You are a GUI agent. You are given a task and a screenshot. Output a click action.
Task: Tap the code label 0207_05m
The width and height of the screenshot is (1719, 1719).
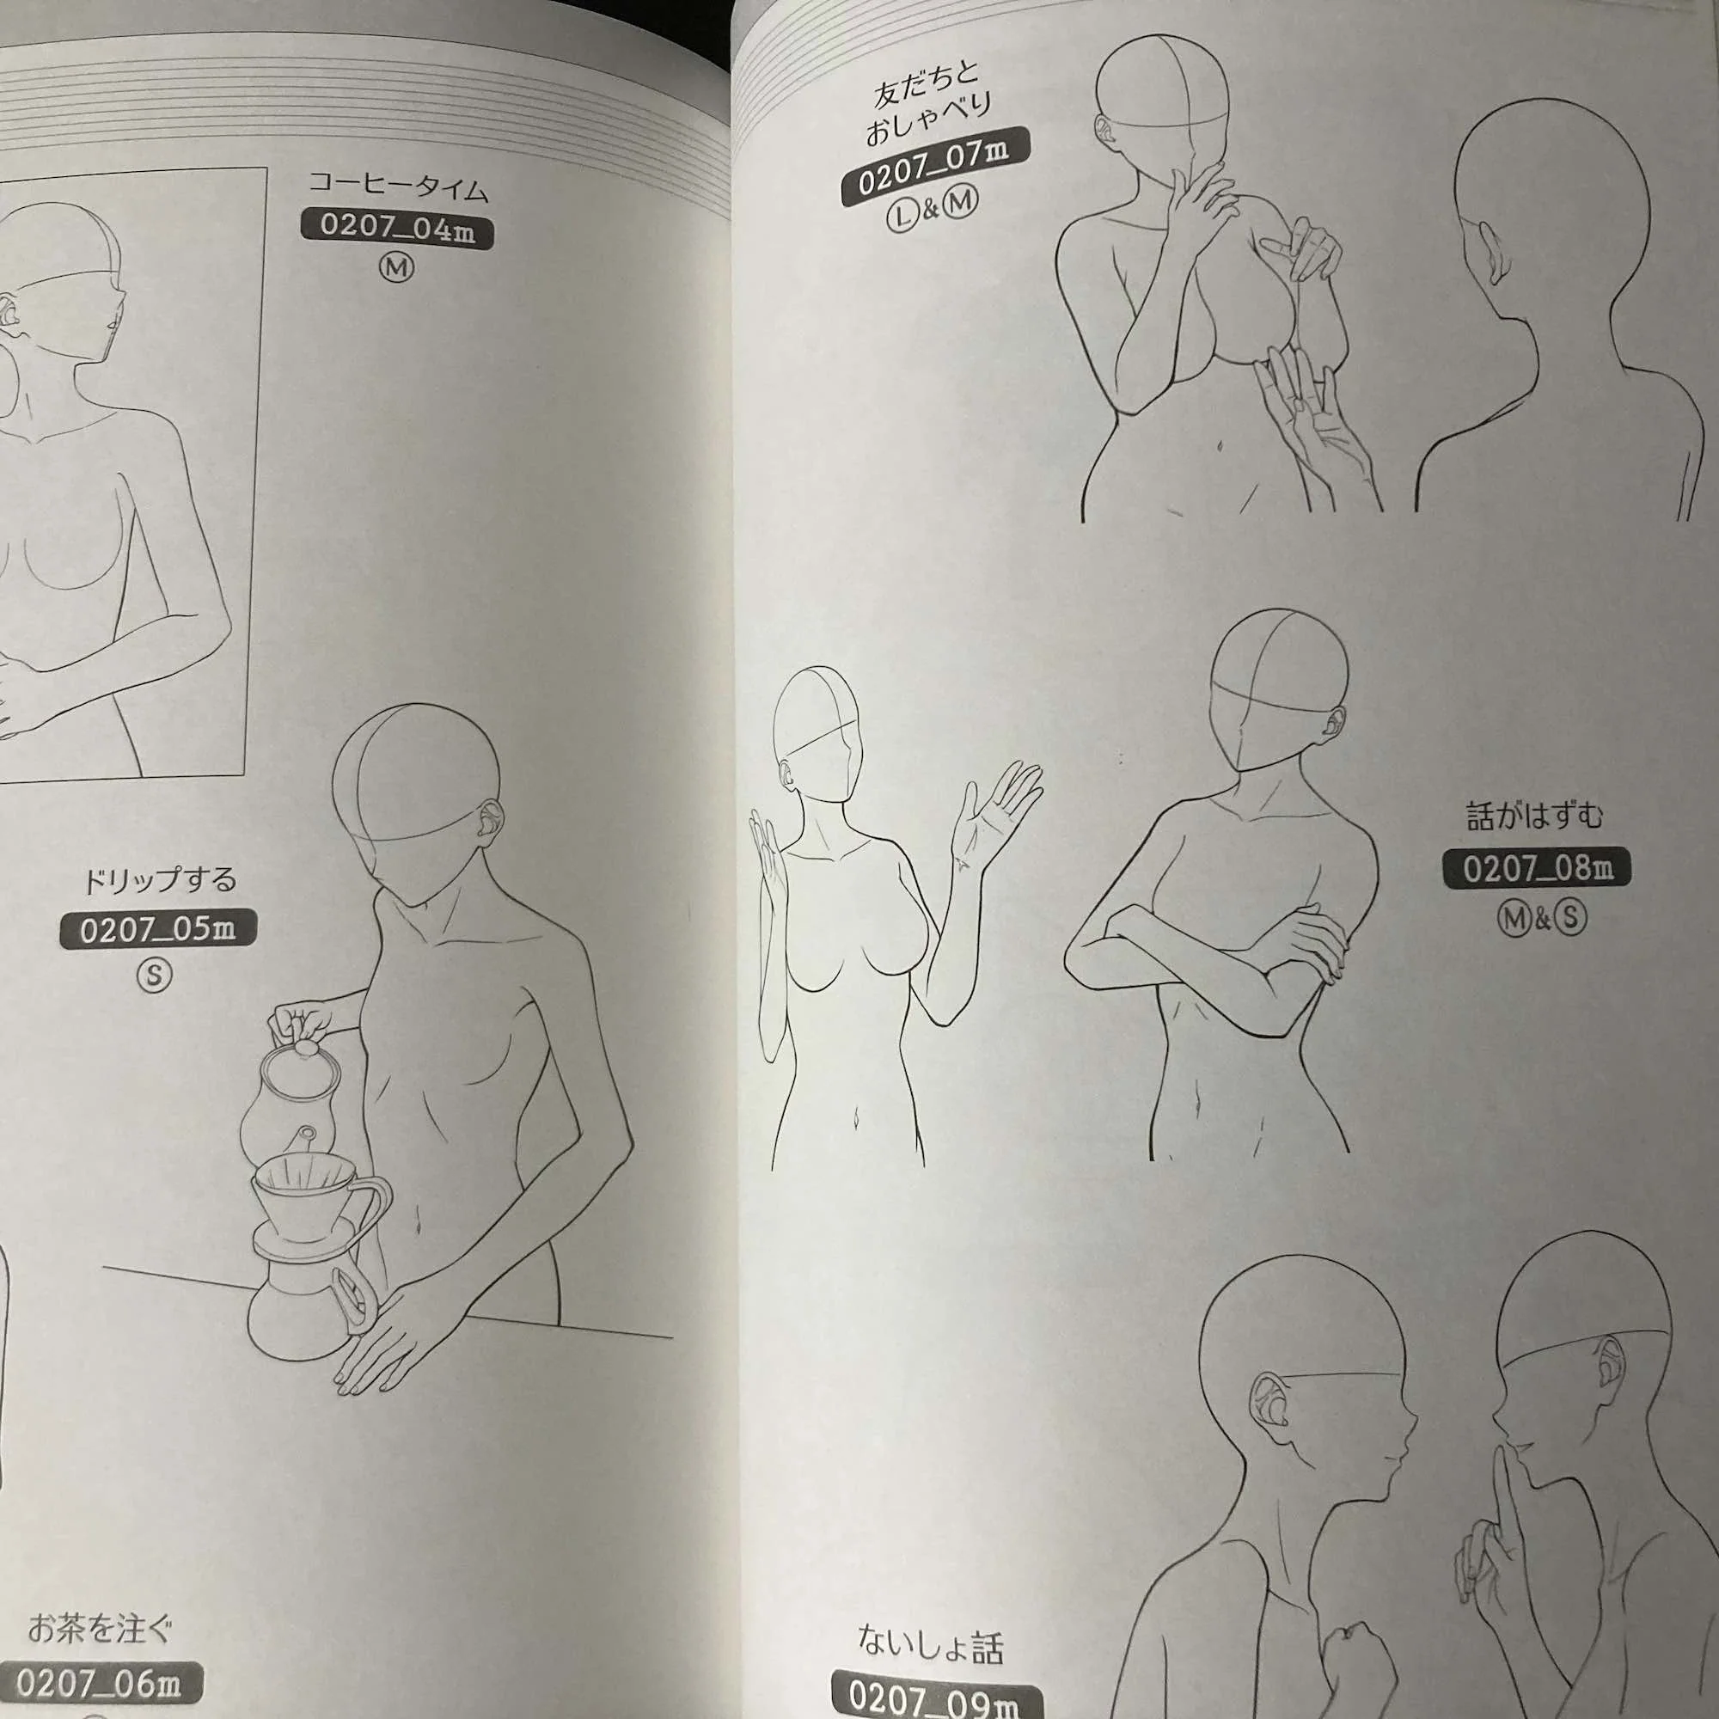tap(157, 930)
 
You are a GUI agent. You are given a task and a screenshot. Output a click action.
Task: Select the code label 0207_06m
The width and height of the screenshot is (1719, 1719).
tap(100, 1680)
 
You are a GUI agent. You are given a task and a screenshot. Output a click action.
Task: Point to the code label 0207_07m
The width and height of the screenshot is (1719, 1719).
tap(935, 168)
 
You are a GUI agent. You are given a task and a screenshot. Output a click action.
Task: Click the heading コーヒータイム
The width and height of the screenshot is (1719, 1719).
tap(399, 187)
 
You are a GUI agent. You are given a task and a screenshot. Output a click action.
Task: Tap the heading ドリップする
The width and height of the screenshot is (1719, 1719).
tap(160, 881)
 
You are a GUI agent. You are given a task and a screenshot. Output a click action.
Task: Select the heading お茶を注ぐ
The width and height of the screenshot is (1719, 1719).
tap(100, 1629)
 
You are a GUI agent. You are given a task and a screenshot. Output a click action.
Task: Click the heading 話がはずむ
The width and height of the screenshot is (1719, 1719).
tap(1535, 816)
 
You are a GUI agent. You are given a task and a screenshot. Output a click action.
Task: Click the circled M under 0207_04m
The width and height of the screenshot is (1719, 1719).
tap(397, 267)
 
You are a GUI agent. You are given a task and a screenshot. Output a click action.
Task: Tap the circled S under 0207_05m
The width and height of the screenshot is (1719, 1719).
tap(155, 976)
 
